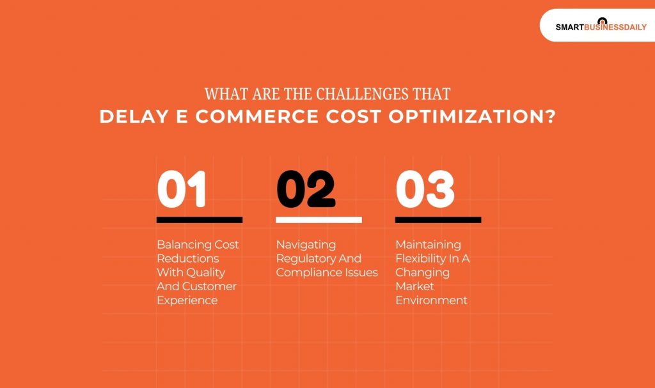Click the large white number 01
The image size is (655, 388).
pyautogui.click(x=182, y=189)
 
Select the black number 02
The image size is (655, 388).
pyautogui.click(x=306, y=189)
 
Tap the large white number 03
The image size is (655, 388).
pyautogui.click(x=425, y=189)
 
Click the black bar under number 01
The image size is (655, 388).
pyautogui.click(x=199, y=220)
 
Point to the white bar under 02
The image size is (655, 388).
pyautogui.click(x=319, y=220)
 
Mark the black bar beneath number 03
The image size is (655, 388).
pyautogui.click(x=438, y=220)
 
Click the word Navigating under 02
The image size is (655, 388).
pyautogui.click(x=306, y=245)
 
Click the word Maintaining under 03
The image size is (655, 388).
pyautogui.click(x=428, y=245)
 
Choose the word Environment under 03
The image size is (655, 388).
pyautogui.click(x=431, y=300)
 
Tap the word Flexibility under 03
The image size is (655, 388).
pyautogui.click(x=420, y=259)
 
